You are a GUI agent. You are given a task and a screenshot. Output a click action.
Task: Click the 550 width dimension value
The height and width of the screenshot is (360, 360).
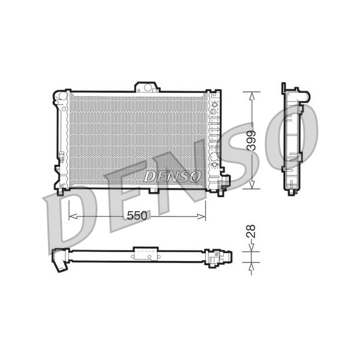137,215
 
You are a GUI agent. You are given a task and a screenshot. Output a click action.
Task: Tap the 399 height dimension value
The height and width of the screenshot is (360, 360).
251,140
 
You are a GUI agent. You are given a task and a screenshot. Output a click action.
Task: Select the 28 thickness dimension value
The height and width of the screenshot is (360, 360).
251,231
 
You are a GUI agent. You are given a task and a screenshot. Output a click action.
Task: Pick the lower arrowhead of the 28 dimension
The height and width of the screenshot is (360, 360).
251,266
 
